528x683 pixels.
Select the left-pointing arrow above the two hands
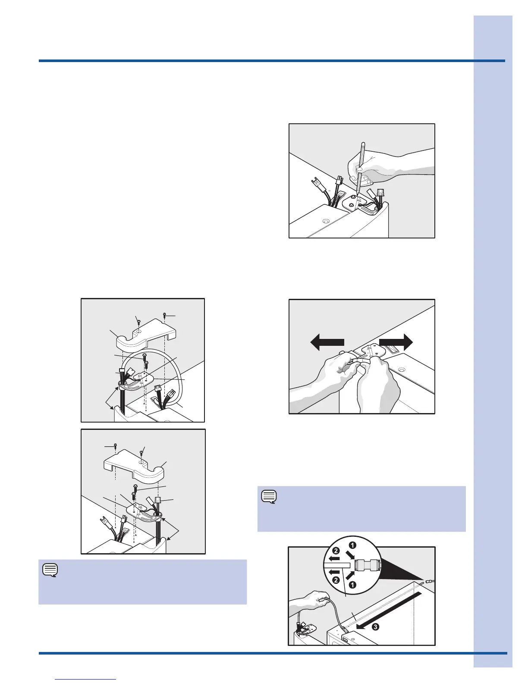[x=327, y=342]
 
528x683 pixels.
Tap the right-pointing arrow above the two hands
[x=396, y=342]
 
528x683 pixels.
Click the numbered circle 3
[x=375, y=627]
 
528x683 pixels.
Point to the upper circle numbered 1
[x=352, y=545]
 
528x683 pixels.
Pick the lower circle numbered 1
[x=352, y=585]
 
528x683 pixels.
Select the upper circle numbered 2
[x=336, y=551]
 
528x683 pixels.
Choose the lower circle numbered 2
[x=336, y=580]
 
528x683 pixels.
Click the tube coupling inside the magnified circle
[x=367, y=565]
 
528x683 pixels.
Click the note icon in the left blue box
[x=50, y=570]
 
